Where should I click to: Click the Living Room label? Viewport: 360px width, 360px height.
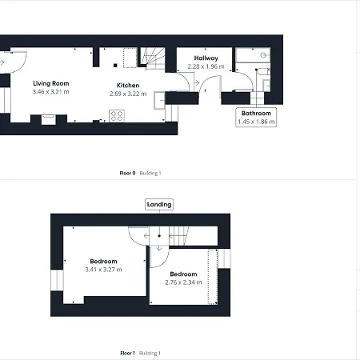(x=51, y=83)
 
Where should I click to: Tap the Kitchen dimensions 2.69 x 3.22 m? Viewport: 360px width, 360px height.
(x=128, y=94)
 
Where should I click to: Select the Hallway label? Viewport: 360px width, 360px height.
(x=206, y=58)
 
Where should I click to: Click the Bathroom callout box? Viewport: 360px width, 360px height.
(x=256, y=118)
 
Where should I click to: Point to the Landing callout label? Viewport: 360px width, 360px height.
(x=159, y=205)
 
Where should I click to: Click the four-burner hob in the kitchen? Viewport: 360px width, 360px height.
(x=117, y=116)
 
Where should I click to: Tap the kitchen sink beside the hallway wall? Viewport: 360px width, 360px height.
(x=159, y=100)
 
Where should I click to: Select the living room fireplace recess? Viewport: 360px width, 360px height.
(x=49, y=119)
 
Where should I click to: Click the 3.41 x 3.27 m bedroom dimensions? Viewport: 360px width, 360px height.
(x=103, y=270)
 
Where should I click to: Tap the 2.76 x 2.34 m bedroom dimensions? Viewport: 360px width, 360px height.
(x=183, y=282)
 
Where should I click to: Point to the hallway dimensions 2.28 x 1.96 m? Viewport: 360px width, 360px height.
(x=206, y=66)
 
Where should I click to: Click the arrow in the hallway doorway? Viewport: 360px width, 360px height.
(x=197, y=83)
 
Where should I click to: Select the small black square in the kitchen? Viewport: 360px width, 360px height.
(x=115, y=66)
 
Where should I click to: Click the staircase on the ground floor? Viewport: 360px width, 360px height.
(x=153, y=58)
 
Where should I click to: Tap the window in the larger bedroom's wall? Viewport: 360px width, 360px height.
(x=57, y=280)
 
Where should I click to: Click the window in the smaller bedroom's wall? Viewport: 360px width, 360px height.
(x=224, y=258)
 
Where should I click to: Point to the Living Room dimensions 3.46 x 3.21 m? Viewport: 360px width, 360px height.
(x=51, y=92)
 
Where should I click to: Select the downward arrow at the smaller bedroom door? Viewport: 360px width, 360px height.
(x=159, y=249)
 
